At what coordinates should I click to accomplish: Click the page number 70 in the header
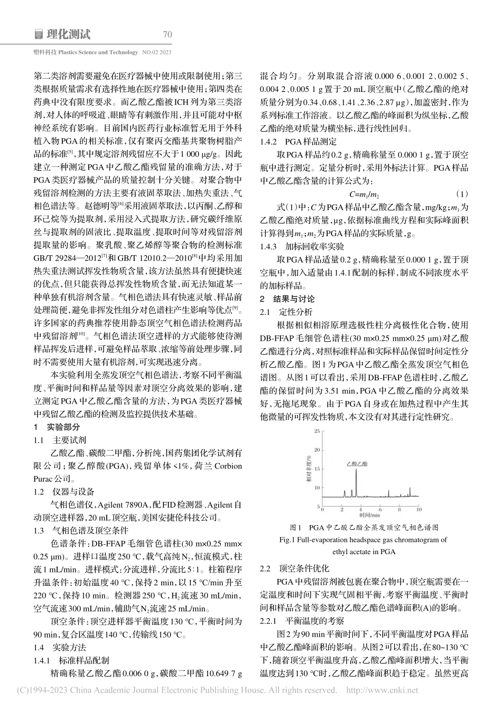tap(168, 35)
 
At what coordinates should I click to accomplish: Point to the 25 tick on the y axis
tap(317, 432)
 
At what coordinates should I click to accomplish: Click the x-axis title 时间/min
tap(370, 515)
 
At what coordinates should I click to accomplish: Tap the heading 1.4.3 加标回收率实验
tap(302, 246)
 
